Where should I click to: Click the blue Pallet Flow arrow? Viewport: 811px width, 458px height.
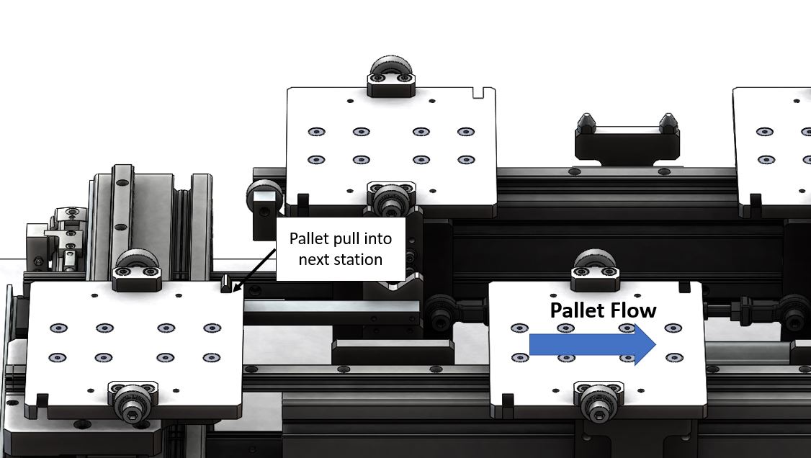tap(593, 344)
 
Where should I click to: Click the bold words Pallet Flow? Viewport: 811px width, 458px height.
tap(603, 310)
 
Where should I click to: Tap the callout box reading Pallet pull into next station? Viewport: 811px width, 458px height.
tap(341, 249)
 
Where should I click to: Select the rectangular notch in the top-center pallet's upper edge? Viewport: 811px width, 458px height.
tap(478, 92)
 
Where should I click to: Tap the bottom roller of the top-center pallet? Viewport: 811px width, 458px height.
tap(391, 199)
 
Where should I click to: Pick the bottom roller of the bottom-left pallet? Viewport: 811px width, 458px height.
tap(132, 401)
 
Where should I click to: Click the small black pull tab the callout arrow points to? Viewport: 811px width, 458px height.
tap(226, 284)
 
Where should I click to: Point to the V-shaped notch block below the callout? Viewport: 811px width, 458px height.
tap(392, 290)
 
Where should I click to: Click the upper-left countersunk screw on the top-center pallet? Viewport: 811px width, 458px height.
tap(316, 132)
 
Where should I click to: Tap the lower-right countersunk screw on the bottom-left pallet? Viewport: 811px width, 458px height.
tap(212, 357)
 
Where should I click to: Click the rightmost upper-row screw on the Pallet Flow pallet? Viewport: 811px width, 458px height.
tap(673, 328)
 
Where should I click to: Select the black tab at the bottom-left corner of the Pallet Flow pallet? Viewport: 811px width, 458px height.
tap(508, 400)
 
